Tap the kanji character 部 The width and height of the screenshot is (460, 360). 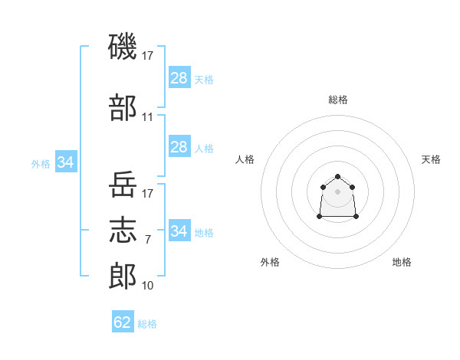pyautogui.click(x=123, y=106)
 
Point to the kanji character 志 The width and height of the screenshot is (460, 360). pyautogui.click(x=123, y=229)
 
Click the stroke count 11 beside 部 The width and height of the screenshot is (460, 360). pyautogui.click(x=148, y=117)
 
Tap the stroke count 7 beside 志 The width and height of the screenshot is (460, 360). pyautogui.click(x=148, y=240)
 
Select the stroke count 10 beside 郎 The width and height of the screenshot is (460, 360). pyautogui.click(x=148, y=286)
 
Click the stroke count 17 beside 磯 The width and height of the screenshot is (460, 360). pyautogui.click(x=148, y=55)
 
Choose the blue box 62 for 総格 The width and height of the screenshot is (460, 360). pyautogui.click(x=123, y=322)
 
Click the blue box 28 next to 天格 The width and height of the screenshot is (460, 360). pyautogui.click(x=179, y=78)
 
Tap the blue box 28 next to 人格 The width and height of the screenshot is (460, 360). pyautogui.click(x=179, y=147)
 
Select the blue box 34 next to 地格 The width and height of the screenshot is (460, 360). pyautogui.click(x=179, y=231)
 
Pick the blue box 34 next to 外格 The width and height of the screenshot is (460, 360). pyautogui.click(x=66, y=162)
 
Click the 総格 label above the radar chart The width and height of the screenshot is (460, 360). pyautogui.click(x=337, y=100)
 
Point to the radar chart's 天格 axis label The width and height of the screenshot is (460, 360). pyautogui.click(x=431, y=159)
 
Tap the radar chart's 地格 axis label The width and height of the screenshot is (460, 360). pyautogui.click(x=402, y=262)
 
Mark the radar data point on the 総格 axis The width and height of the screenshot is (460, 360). pyautogui.click(x=337, y=176)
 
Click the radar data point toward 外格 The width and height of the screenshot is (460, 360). pyautogui.click(x=320, y=217)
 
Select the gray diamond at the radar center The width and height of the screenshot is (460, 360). pyautogui.click(x=337, y=191)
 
